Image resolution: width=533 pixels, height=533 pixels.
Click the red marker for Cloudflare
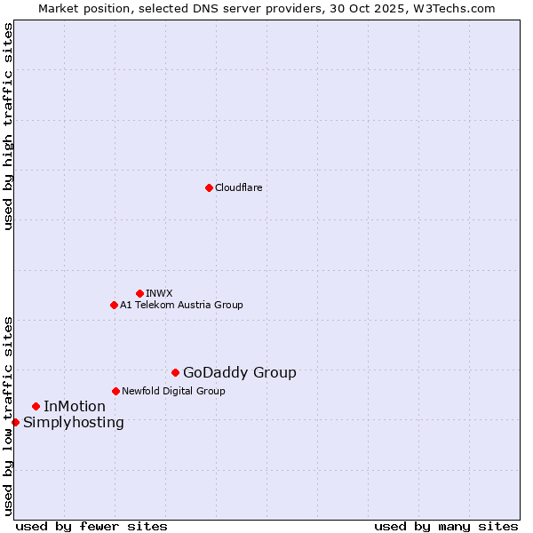pyautogui.click(x=209, y=187)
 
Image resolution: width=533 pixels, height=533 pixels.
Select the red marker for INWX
pyautogui.click(x=139, y=293)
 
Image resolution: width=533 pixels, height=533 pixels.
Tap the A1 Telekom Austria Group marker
pyautogui.click(x=114, y=305)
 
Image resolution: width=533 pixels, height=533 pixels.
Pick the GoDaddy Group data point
pyautogui.click(x=175, y=372)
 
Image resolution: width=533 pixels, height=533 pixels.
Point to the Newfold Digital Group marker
pyautogui.click(x=115, y=391)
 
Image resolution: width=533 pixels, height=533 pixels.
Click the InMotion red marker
pyautogui.click(x=36, y=406)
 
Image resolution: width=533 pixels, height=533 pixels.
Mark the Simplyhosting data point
pyautogui.click(x=15, y=422)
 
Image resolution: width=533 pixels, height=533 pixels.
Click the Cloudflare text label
pyautogui.click(x=238, y=187)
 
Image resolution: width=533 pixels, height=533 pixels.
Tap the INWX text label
pyautogui.click(x=159, y=293)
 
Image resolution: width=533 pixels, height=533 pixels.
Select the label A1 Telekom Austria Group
pyautogui.click(x=181, y=305)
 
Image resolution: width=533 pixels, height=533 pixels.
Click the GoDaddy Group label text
pyautogui.click(x=240, y=373)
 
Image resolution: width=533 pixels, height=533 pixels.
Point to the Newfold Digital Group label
pyautogui.click(x=173, y=391)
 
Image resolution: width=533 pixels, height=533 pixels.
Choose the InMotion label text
pyautogui.click(x=75, y=407)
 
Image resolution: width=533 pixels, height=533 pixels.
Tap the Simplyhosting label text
pyautogui.click(x=74, y=423)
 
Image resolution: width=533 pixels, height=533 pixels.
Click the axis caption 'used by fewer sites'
pyautogui.click(x=91, y=526)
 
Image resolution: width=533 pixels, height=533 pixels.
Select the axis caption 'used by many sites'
pyautogui.click(x=446, y=526)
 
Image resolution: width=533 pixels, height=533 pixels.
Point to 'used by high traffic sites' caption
pyautogui.click(x=8, y=126)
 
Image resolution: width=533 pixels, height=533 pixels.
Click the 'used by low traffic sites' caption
pyautogui.click(x=8, y=415)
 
